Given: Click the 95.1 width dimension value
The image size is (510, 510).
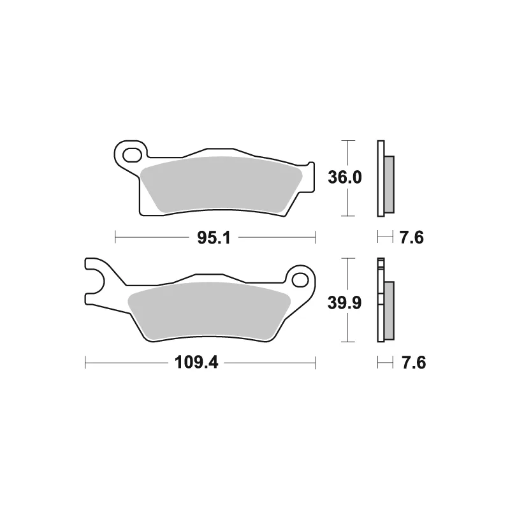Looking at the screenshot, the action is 214,238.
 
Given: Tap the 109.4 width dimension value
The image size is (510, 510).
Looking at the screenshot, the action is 196,362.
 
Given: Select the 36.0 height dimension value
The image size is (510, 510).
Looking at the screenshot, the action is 344,178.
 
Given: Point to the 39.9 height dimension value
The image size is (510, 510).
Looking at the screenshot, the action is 344,303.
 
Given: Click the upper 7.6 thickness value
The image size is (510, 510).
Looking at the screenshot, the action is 411,238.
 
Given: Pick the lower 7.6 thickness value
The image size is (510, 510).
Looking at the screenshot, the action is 414,362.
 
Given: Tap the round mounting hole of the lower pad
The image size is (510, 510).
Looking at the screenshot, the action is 300,280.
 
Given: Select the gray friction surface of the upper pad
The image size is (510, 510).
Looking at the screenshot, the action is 221,185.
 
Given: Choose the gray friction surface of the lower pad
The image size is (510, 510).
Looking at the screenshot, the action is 209,311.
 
